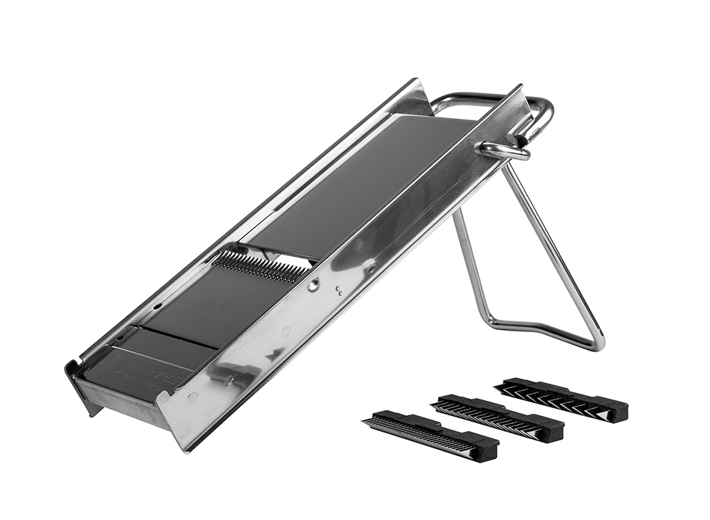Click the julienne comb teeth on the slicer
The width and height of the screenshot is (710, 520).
[x=260, y=266]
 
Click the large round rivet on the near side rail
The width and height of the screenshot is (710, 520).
[x=313, y=285]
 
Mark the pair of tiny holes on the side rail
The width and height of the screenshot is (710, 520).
[x=339, y=290]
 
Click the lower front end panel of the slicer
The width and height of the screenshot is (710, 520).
[x=122, y=402]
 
